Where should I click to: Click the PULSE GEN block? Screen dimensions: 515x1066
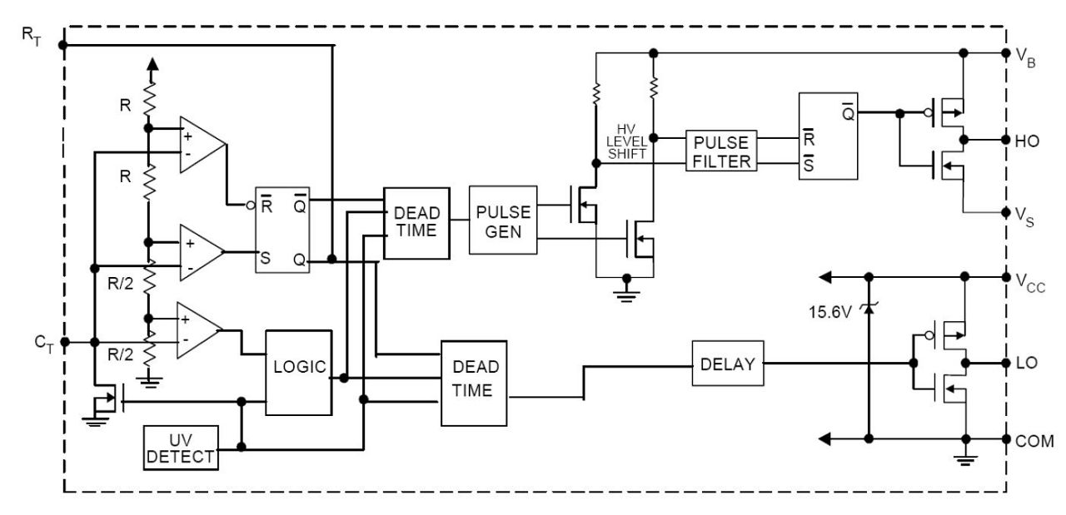[503, 220]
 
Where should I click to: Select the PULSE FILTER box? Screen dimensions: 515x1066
[721, 151]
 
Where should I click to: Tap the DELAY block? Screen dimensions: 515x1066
[727, 364]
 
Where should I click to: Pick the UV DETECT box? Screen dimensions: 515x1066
[180, 448]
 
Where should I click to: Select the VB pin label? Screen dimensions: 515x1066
[1026, 57]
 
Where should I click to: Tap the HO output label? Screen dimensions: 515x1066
[1028, 141]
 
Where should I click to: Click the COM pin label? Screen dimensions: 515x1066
[1034, 440]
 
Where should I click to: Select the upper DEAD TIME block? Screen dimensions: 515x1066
[416, 222]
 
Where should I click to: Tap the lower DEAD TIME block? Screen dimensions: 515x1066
[475, 382]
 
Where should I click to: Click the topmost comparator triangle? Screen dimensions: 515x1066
[200, 146]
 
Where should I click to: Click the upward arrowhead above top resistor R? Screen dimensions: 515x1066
[151, 65]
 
